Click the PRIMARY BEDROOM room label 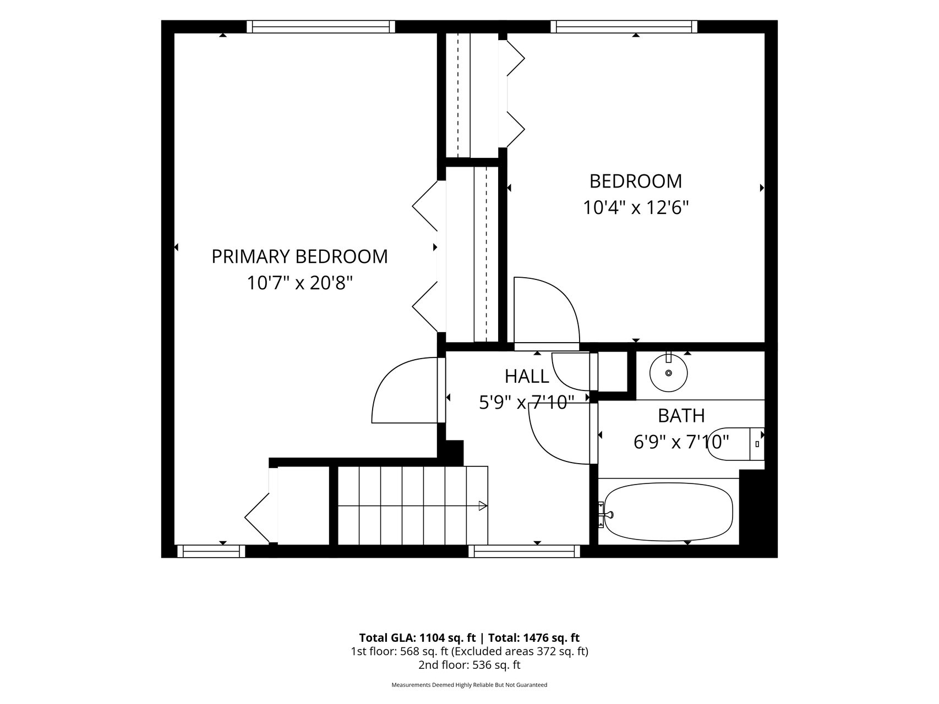pos(299,257)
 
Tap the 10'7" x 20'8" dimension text pos(299,283)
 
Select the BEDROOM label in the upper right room pos(636,181)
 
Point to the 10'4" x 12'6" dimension pos(636,208)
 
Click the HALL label pos(527,376)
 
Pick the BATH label pos(681,416)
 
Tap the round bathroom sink pos(669,372)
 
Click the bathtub pos(669,512)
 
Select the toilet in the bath pos(735,443)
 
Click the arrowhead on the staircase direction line pos(483,506)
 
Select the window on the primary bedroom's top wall pos(321,26)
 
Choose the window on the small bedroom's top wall pos(624,26)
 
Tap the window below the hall pos(525,551)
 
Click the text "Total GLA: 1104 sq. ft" pos(417,638)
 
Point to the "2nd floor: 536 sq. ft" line pos(469,665)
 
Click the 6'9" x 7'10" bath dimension pos(681,442)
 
